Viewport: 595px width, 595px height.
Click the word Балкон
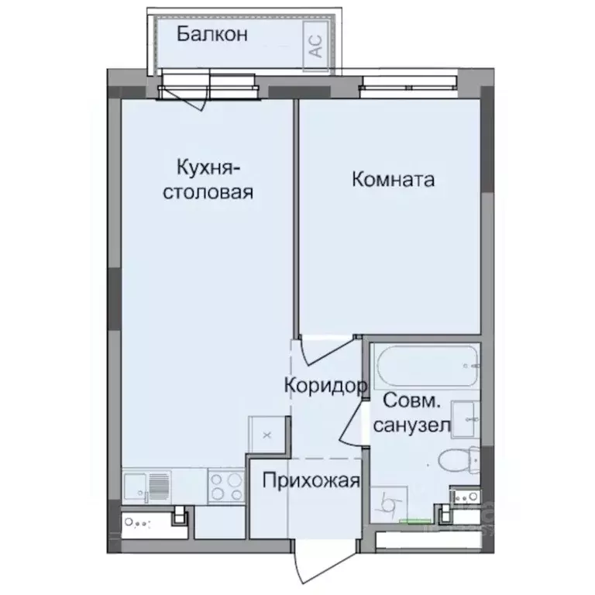pos(212,34)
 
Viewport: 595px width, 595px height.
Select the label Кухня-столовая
pos(207,180)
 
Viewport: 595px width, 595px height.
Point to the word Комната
pos(393,180)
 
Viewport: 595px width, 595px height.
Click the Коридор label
pos(325,385)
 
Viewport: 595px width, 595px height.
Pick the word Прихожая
pos(311,481)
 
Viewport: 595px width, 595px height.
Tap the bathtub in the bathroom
pos(426,366)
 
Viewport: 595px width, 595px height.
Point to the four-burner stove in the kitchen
pos(225,487)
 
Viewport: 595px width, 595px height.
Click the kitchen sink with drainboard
pos(147,487)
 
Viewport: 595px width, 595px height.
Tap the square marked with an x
pos(267,435)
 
